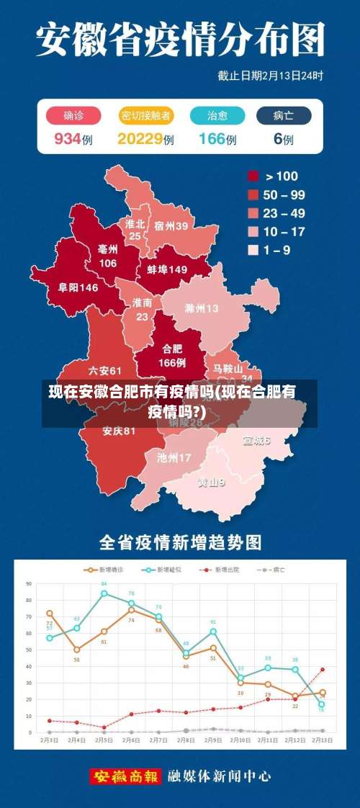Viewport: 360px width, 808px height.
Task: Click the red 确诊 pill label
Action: [73, 115]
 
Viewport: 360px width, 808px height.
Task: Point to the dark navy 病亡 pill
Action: [283, 115]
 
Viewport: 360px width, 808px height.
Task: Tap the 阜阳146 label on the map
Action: [78, 287]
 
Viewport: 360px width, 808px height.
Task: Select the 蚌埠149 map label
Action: [167, 269]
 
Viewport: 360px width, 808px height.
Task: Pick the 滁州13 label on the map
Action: [202, 308]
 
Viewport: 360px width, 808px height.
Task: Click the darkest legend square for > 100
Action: [253, 176]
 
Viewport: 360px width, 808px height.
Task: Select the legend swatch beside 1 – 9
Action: [253, 250]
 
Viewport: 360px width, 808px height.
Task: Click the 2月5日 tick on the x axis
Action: [104, 740]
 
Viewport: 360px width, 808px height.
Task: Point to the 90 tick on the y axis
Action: [29, 583]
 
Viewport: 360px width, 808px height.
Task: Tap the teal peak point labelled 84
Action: [104, 593]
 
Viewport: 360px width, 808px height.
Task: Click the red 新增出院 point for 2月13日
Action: [322, 669]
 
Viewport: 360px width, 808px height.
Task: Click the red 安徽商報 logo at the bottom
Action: [126, 776]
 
